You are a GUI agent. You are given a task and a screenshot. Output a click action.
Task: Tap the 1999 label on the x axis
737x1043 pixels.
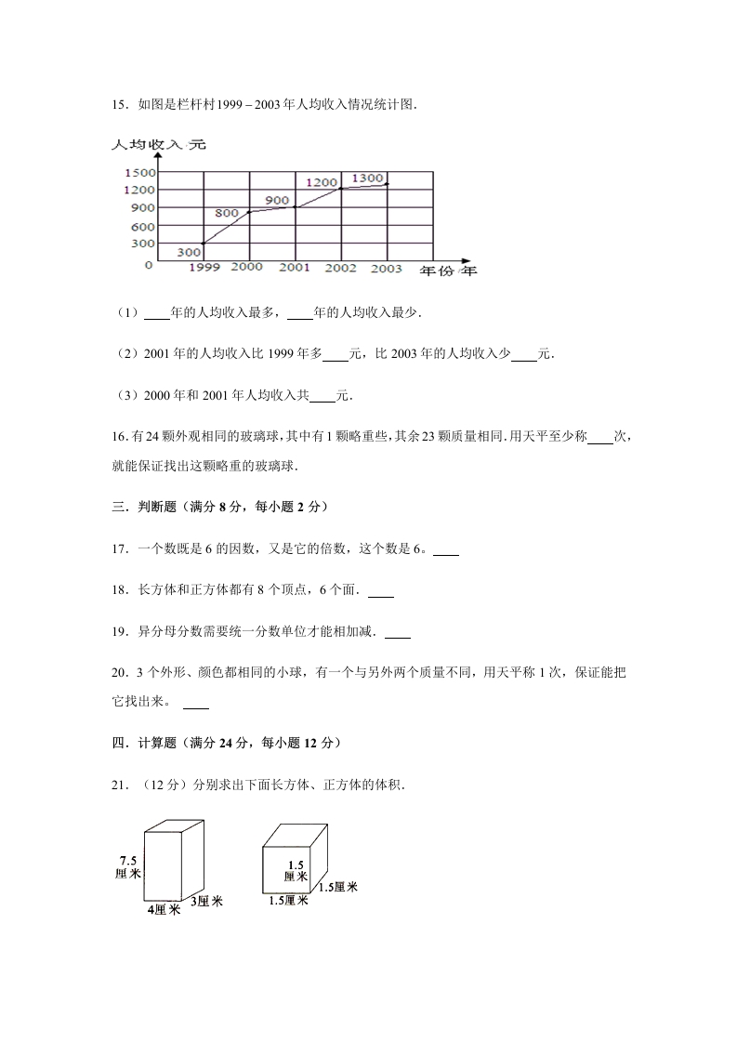[204, 268]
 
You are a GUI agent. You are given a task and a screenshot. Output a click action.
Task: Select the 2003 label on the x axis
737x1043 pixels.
[386, 269]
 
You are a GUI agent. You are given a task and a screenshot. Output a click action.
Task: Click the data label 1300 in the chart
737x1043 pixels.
[368, 178]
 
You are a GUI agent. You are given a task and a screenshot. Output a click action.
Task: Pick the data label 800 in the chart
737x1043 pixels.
[227, 213]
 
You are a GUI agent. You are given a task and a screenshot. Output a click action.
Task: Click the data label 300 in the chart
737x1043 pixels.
[190, 251]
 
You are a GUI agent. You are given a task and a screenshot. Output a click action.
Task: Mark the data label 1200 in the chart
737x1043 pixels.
[321, 182]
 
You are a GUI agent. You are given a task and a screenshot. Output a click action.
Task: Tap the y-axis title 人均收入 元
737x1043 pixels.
[158, 145]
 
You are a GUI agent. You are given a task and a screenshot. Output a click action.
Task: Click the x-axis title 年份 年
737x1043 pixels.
[448, 271]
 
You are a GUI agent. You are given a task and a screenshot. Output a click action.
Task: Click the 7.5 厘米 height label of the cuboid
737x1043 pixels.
[129, 866]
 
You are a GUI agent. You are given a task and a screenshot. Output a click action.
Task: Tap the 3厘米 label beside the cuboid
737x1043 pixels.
[205, 901]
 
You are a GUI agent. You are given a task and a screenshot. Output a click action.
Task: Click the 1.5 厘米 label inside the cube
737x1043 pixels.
[295, 870]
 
